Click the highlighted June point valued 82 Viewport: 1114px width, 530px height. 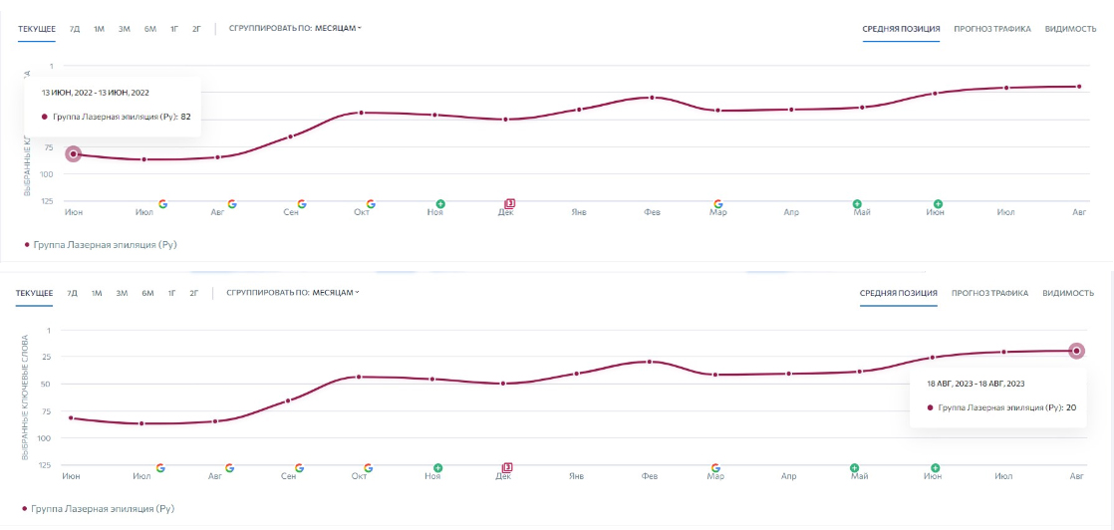tap(73, 153)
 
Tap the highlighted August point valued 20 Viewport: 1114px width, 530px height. tap(1076, 351)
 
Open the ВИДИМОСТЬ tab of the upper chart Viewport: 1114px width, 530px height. tap(1070, 29)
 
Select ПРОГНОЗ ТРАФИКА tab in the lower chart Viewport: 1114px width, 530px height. tap(989, 293)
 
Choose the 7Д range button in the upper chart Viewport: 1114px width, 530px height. tap(75, 29)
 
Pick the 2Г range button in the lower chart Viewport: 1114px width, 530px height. tap(194, 293)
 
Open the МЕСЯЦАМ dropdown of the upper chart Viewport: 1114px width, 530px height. tap(338, 28)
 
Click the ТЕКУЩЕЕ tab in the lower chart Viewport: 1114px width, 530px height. tap(36, 293)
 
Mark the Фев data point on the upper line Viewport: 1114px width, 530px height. tap(652, 98)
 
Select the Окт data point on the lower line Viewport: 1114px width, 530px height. tap(359, 377)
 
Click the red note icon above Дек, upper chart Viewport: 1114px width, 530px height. tap(509, 203)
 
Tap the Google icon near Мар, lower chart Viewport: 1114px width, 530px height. tap(715, 467)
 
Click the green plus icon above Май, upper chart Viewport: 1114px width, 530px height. tap(857, 203)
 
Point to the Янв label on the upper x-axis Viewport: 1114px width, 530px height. tap(577, 212)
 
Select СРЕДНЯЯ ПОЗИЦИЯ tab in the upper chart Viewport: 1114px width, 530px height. tap(901, 29)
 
